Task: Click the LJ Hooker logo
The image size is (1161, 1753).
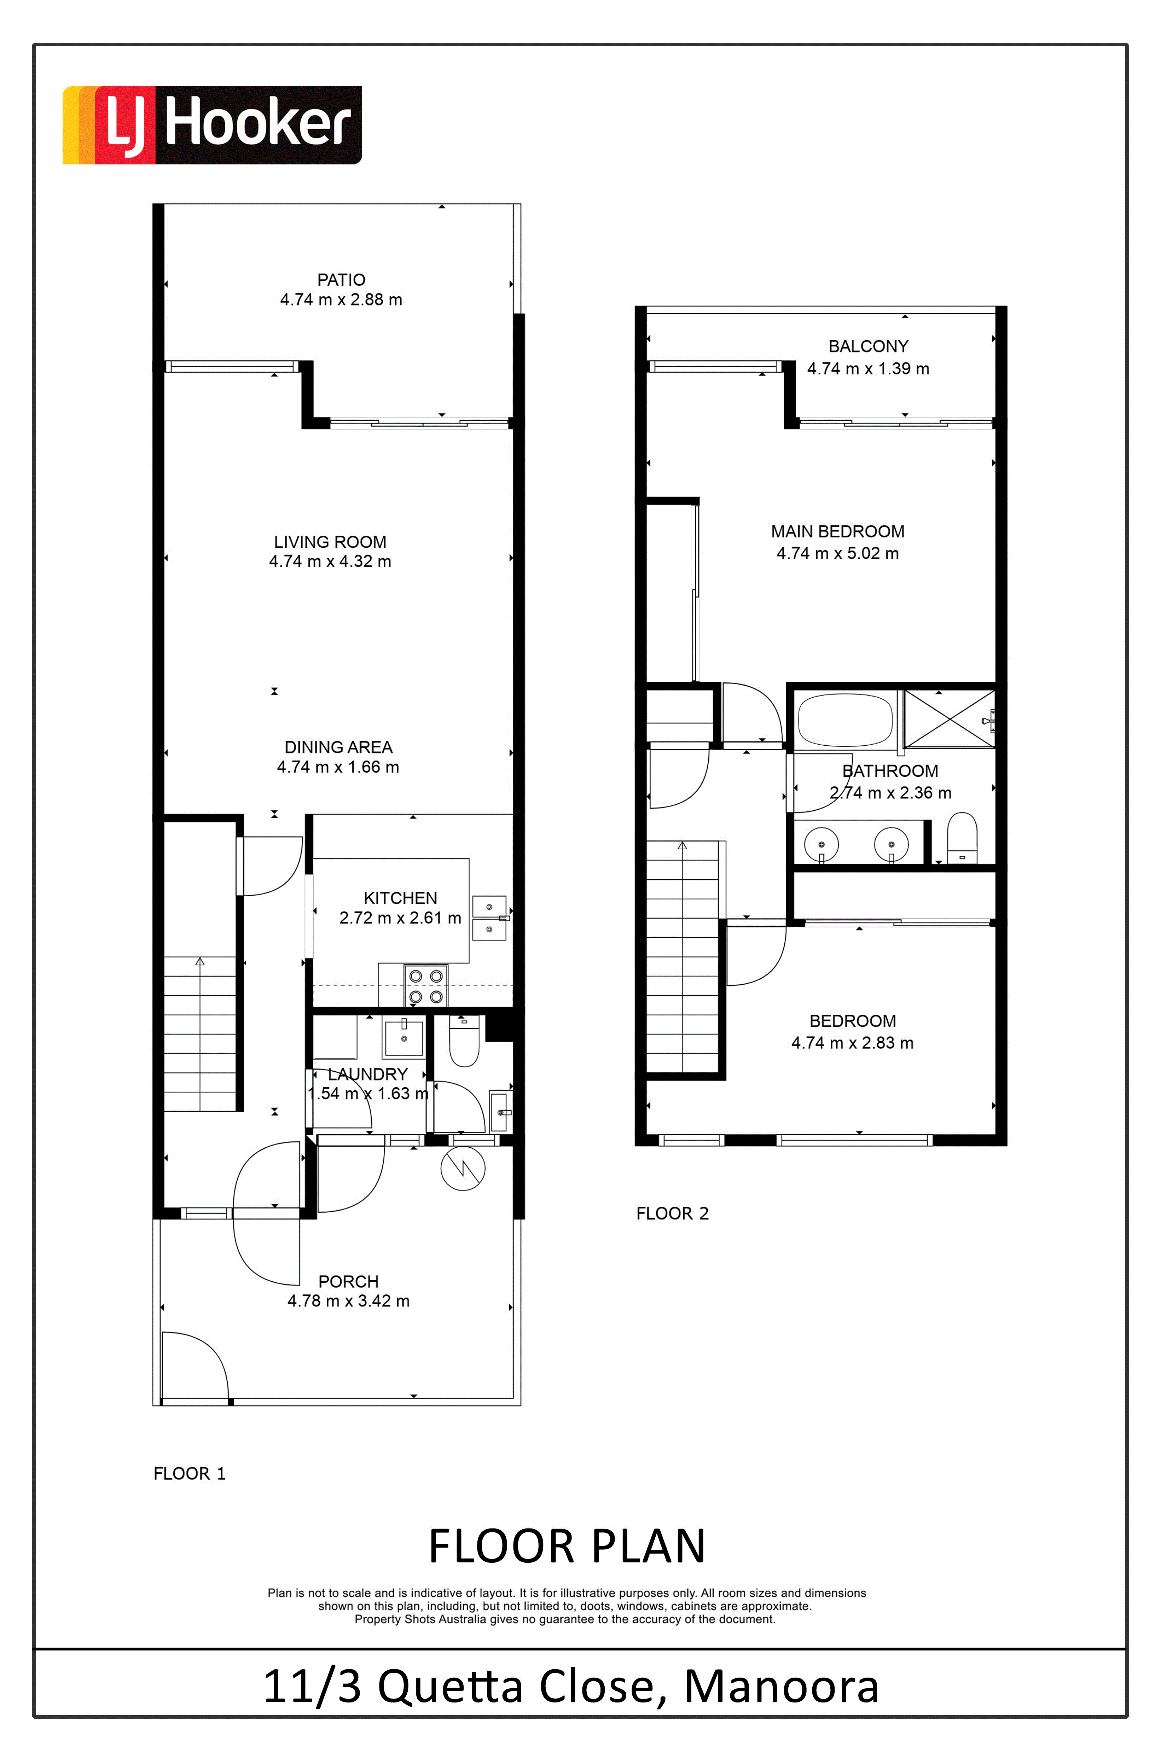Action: pos(212,124)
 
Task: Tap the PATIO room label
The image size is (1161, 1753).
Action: pos(341,280)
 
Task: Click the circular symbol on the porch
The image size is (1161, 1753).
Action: pos(463,1169)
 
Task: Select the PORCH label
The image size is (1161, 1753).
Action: pos(348,1281)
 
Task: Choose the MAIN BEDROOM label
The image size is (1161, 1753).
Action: pos(837,531)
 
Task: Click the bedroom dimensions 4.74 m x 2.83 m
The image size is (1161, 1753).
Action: pos(852,1043)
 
